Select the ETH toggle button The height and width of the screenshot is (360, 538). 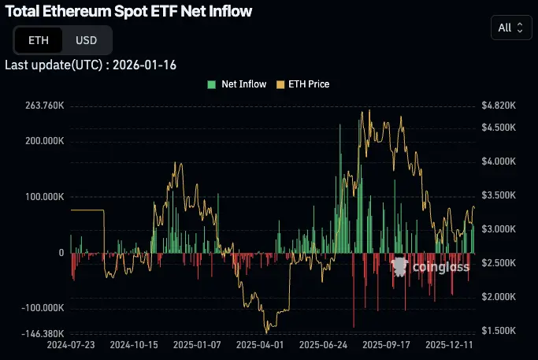click(38, 40)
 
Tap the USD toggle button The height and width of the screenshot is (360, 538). click(86, 40)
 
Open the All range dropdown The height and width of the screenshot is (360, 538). click(510, 28)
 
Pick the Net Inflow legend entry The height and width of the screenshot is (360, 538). click(236, 84)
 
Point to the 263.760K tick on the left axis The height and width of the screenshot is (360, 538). click(43, 106)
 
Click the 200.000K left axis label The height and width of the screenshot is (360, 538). click(43, 141)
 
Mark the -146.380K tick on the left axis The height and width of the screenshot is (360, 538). click(42, 334)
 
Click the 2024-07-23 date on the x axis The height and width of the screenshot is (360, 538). click(72, 345)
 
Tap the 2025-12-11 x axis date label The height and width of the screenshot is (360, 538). click(449, 345)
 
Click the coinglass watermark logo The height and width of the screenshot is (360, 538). click(431, 267)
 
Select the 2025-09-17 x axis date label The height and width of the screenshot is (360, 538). click(386, 345)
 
